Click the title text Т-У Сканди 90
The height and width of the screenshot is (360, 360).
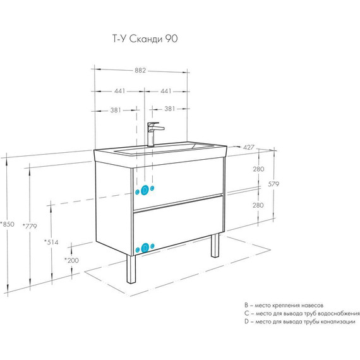145,39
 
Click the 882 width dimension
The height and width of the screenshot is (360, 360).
140,70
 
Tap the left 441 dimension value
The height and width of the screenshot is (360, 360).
120,91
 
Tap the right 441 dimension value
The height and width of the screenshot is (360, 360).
166,91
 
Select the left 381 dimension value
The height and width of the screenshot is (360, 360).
116,110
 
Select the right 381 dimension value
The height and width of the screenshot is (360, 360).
170,109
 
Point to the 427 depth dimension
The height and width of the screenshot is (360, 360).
249,147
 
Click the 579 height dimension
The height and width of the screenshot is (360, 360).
273,184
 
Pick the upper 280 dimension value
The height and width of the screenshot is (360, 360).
258,169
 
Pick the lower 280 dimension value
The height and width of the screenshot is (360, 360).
258,205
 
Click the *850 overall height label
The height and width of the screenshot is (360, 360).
8,224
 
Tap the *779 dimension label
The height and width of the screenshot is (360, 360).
30,226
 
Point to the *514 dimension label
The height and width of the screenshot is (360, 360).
51,242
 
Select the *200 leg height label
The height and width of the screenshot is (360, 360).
71,260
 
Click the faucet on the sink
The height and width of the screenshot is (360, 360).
153,134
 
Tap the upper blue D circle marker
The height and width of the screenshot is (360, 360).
145,190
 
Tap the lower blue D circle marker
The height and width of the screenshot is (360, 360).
145,248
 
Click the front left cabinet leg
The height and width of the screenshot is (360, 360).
131,268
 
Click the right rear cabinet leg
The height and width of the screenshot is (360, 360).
215,245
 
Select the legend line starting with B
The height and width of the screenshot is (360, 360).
284,305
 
